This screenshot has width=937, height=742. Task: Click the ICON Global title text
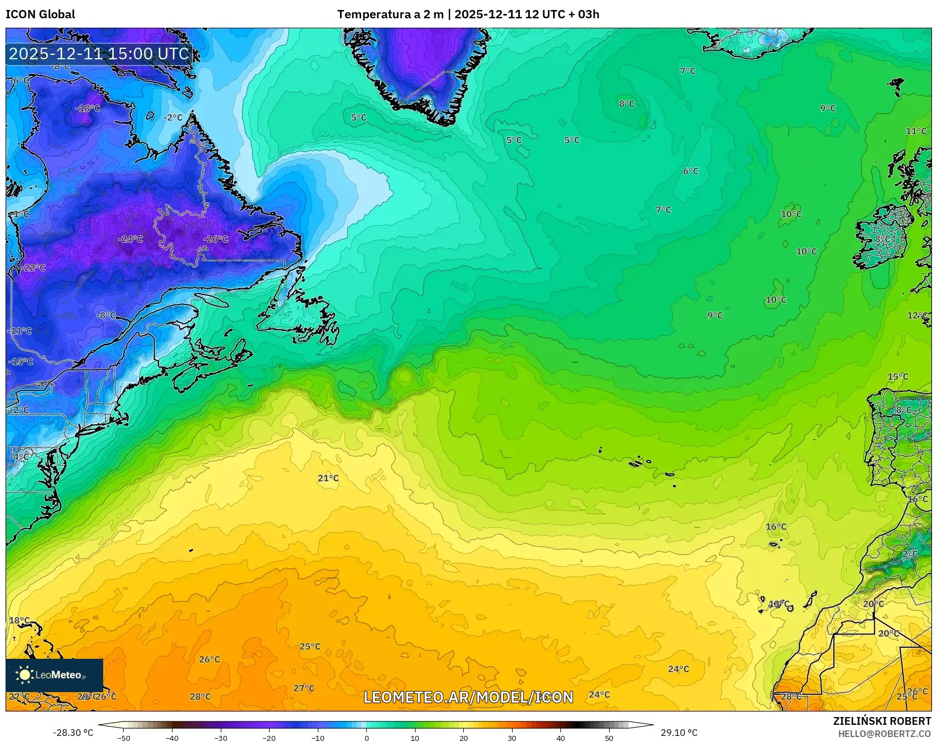[40, 14]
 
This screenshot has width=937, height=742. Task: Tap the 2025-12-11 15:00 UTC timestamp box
[99, 54]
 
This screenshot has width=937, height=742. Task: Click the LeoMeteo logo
[54, 675]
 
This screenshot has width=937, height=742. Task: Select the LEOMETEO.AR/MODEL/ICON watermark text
[468, 697]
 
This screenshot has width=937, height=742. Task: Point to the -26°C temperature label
[216, 239]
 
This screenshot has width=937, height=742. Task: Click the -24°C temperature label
[130, 239]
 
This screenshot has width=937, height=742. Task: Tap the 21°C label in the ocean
[328, 478]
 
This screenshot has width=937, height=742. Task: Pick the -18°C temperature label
[88, 108]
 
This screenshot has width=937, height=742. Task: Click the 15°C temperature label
[898, 377]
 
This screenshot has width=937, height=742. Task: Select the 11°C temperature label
[916, 131]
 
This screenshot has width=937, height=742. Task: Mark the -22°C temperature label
[33, 268]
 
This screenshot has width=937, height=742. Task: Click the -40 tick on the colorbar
[173, 738]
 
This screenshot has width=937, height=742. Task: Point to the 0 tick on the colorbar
[366, 738]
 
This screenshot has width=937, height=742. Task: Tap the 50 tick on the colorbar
[609, 738]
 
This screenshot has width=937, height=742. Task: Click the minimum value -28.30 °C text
[73, 733]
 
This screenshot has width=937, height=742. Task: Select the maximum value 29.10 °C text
[679, 733]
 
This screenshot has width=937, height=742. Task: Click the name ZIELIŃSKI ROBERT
[882, 721]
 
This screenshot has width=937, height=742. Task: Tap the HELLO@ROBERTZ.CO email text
[884, 734]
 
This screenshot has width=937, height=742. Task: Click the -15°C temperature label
[21, 362]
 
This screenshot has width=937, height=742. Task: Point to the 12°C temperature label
[917, 316]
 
